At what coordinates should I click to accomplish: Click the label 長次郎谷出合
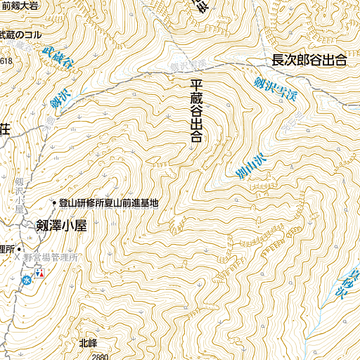tap(309, 61)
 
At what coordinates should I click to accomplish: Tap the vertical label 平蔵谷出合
tap(196, 111)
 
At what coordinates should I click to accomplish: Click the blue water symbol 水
tap(26, 279)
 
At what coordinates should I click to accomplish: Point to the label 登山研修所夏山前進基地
tap(109, 203)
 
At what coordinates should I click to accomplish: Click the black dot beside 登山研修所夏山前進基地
tap(54, 203)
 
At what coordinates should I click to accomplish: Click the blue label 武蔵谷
tap(58, 58)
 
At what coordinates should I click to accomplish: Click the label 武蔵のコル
tap(21, 34)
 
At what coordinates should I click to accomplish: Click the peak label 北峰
tap(88, 343)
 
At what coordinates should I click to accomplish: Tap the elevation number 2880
tap(101, 356)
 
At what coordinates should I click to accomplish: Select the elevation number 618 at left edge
tap(6, 61)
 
